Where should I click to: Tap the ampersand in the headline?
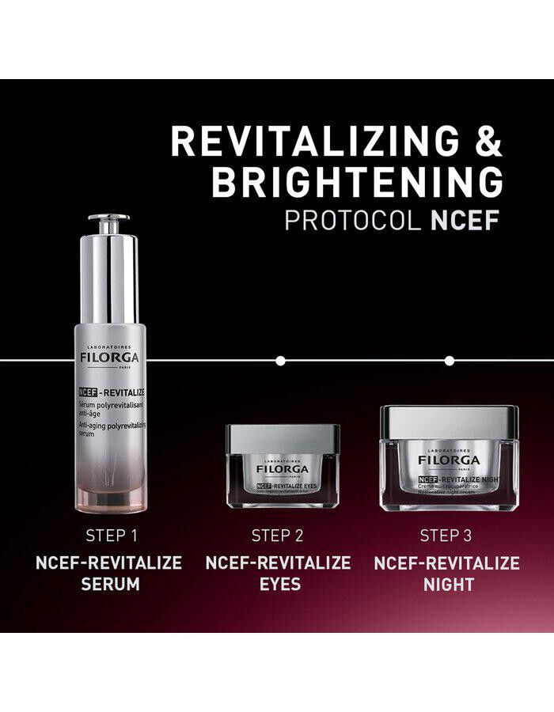coord(483,142)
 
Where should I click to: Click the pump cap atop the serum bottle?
coord(108,224)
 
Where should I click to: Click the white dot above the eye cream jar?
coord(279,361)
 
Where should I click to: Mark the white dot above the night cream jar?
coord(450,361)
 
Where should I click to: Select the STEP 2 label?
coord(278,536)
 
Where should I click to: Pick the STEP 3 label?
coord(446,536)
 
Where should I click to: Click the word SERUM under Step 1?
coord(110,585)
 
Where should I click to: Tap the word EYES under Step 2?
coord(278,585)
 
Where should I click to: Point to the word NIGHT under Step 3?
coord(446,585)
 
